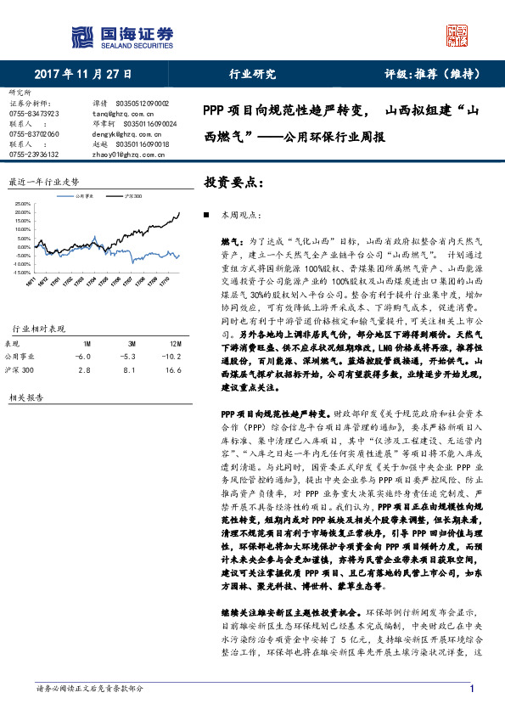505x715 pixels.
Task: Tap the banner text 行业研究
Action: click(x=253, y=74)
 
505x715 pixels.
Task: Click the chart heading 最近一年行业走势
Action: click(x=43, y=182)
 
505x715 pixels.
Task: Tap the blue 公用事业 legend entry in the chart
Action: click(x=80, y=196)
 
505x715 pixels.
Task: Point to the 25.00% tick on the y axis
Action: click(x=23, y=205)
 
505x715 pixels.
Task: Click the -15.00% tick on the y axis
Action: click(x=23, y=273)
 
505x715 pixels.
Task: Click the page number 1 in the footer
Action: click(x=470, y=688)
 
